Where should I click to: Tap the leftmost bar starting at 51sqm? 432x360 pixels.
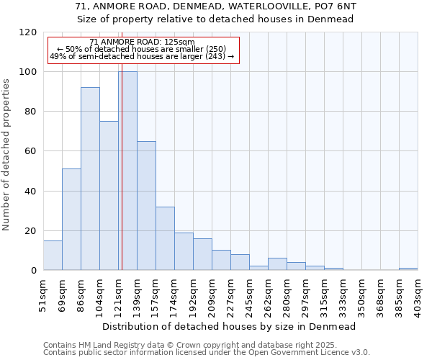click(x=53, y=255)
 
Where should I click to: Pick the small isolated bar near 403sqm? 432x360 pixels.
click(x=408, y=269)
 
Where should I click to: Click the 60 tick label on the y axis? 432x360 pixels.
click(x=31, y=151)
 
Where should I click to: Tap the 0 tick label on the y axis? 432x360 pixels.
click(x=34, y=271)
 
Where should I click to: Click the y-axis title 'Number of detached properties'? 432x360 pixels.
click(x=6, y=155)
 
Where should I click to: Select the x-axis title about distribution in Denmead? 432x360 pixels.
click(x=230, y=326)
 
